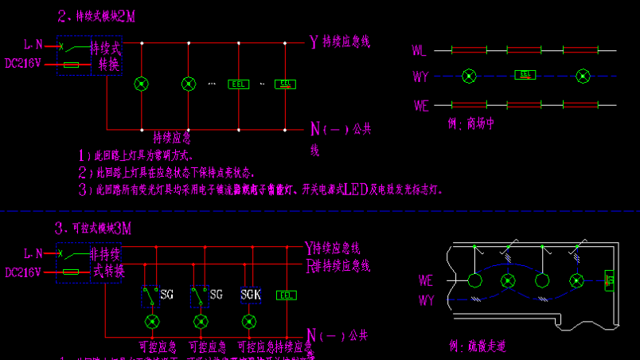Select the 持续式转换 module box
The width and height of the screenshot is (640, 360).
[x=105, y=56]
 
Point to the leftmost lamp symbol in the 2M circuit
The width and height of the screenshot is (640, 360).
[x=142, y=83]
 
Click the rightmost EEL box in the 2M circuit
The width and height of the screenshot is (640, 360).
[x=286, y=83]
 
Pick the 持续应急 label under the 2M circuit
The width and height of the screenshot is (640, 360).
[x=171, y=137]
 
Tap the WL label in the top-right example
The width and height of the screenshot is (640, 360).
[x=420, y=50]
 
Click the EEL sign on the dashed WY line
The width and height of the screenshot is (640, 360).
[x=525, y=75]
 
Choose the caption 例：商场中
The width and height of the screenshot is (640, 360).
[x=471, y=123]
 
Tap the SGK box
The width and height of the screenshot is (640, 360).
[x=250, y=295]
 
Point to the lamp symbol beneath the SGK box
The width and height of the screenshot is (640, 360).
[x=249, y=321]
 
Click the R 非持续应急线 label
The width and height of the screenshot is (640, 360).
[x=338, y=265]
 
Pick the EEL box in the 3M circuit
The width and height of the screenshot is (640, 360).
[x=286, y=295]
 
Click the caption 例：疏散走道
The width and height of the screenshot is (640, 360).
[x=477, y=346]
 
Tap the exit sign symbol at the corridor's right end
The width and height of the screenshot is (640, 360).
[x=611, y=281]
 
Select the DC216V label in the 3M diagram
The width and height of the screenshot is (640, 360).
[x=24, y=272]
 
